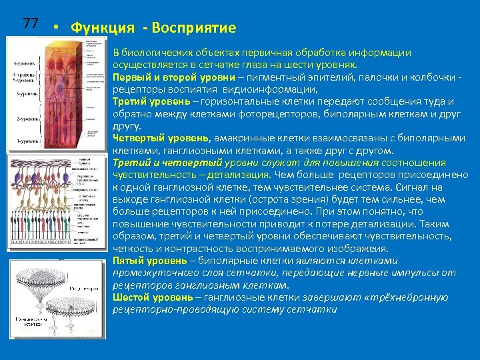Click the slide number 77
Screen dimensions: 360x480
pos(30,23)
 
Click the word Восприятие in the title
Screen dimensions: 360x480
pos(194,28)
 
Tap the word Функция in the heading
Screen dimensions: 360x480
pos(99,28)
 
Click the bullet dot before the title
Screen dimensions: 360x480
pos(58,28)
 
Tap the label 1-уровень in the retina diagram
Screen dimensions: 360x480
pos(25,142)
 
